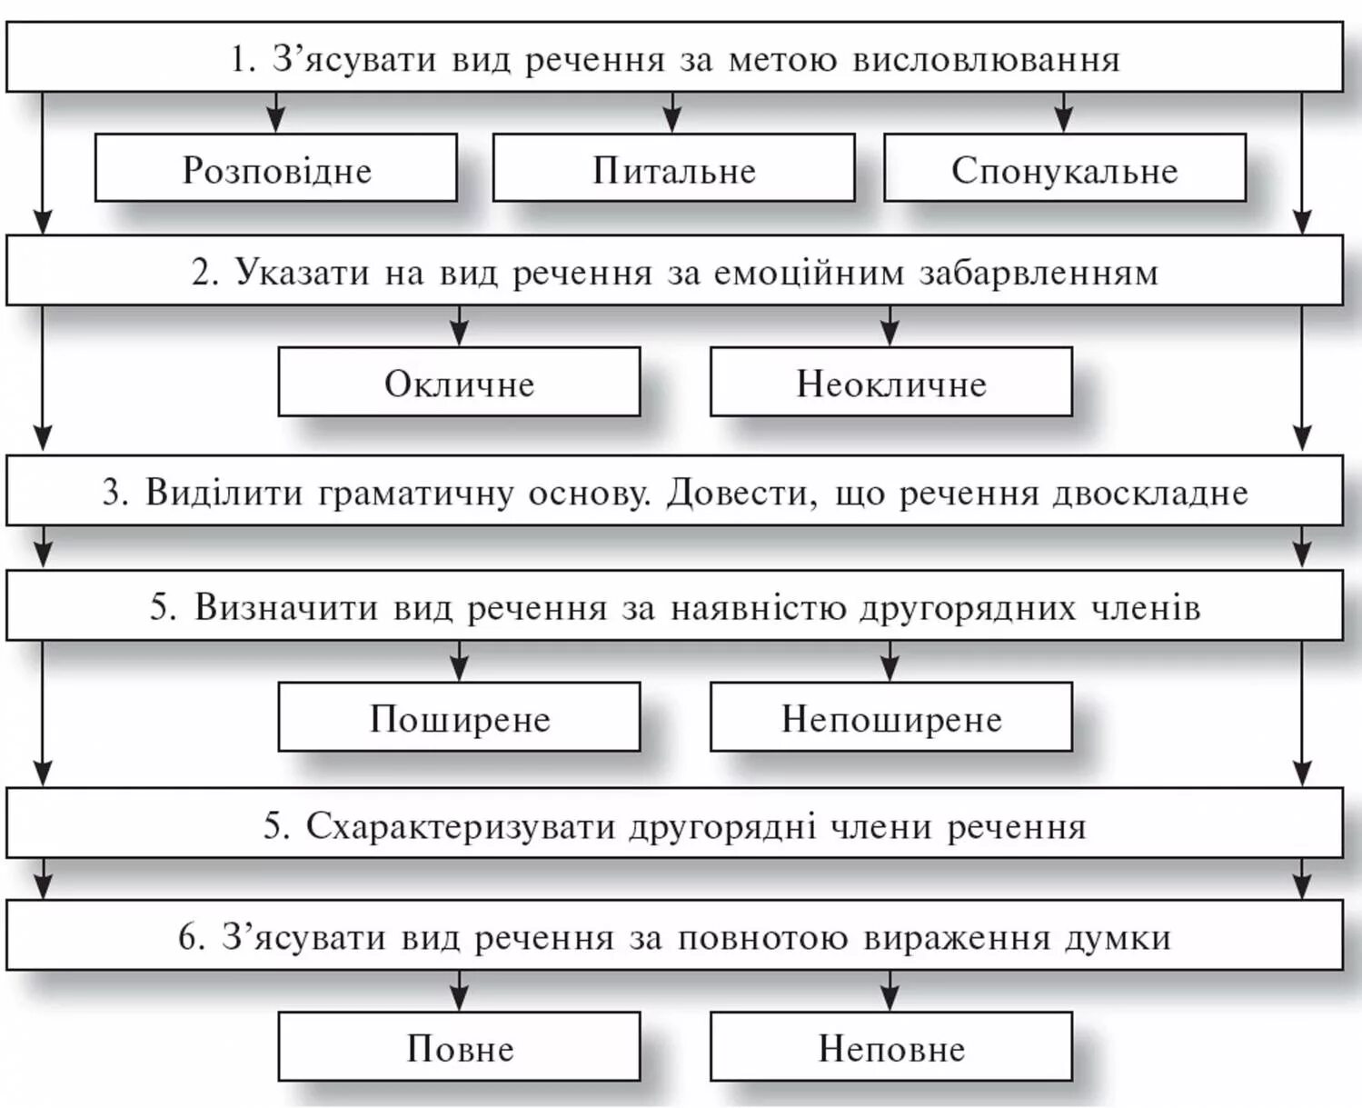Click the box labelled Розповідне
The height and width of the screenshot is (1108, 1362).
[x=276, y=169]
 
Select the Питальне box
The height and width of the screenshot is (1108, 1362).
[x=673, y=169]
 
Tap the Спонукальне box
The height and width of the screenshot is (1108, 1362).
[x=1064, y=169]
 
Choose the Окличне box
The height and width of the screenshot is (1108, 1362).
[x=459, y=383]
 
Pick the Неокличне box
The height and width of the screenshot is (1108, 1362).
[x=890, y=383]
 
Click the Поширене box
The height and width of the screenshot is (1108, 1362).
[x=459, y=718]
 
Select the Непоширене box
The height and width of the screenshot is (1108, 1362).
[x=890, y=718]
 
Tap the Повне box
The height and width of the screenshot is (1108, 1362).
[x=459, y=1047]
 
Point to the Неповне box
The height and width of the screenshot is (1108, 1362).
[x=890, y=1047]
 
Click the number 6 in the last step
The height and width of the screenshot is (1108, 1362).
[x=186, y=937]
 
